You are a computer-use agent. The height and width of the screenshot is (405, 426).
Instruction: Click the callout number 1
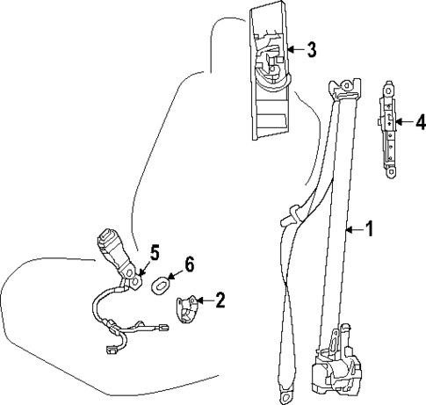tap(369, 230)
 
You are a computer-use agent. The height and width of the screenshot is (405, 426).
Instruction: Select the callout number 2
tap(220, 301)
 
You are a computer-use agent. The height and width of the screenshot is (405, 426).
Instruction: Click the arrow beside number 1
tap(353, 230)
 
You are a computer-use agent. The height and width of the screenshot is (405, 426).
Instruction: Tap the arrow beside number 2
tap(206, 301)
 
